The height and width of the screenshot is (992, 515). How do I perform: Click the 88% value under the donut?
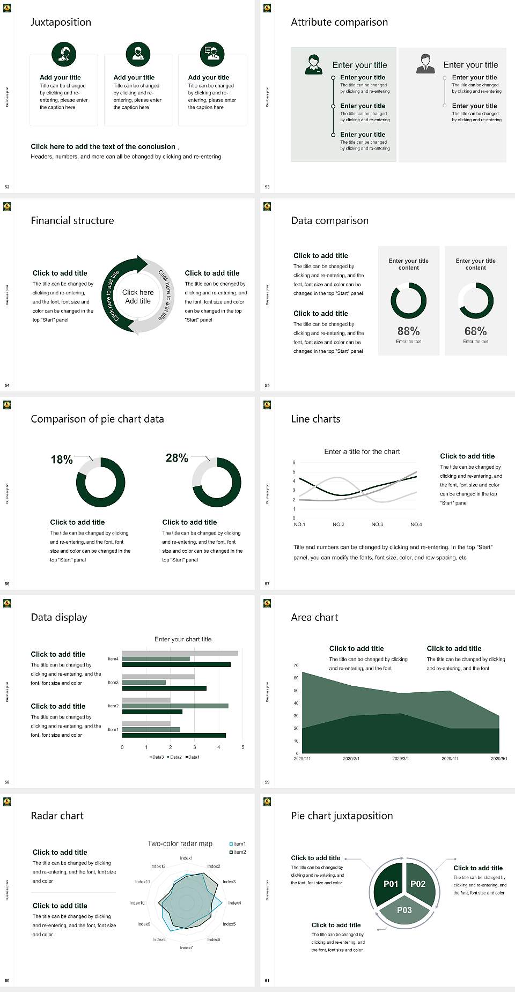(408, 331)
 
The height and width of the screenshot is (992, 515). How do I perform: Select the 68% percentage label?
(475, 331)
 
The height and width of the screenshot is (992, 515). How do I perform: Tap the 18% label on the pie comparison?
(62, 460)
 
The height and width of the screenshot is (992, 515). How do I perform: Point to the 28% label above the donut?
(176, 458)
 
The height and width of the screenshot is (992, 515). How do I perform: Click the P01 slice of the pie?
(391, 884)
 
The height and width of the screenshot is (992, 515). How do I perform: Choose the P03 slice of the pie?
(404, 910)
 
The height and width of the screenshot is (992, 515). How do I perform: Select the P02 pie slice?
(418, 884)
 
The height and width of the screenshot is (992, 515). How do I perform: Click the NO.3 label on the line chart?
(377, 524)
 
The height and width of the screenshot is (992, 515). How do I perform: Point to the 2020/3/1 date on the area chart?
(400, 759)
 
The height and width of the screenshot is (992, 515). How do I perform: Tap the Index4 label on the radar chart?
(234, 903)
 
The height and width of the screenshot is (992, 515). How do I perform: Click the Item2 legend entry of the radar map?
(238, 852)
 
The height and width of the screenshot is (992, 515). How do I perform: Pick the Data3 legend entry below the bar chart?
(157, 757)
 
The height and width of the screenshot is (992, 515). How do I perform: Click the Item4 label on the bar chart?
(113, 658)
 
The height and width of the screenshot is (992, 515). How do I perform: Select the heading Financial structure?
(72, 220)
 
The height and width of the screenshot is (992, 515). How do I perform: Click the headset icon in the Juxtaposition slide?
(64, 54)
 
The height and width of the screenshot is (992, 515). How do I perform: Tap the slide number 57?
(267, 583)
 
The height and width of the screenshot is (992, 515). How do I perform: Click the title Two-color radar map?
(180, 843)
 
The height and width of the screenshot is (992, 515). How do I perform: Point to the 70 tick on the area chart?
(296, 665)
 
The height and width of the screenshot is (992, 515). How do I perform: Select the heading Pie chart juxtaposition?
(342, 816)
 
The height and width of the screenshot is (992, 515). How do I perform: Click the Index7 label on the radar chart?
(186, 947)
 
